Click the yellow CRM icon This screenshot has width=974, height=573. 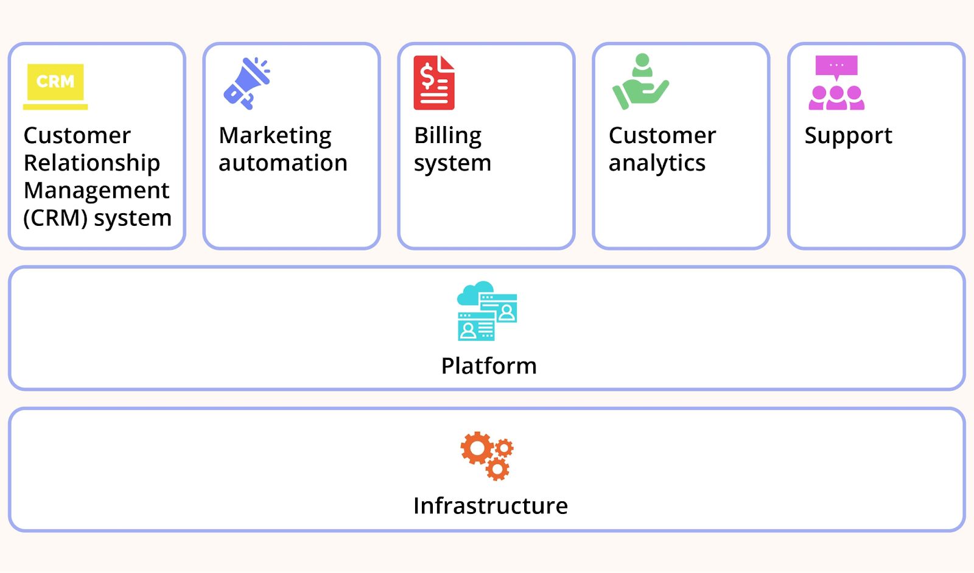[x=55, y=84]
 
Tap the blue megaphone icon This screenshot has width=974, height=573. [x=247, y=83]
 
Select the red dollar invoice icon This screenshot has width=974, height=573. [x=434, y=83]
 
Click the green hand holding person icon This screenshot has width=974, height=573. [x=640, y=82]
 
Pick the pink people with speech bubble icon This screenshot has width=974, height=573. [x=836, y=83]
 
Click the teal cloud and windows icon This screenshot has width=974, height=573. [x=487, y=311]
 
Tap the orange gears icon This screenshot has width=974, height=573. [x=487, y=455]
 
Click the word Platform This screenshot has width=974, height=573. [x=489, y=366]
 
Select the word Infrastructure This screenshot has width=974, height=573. [x=490, y=506]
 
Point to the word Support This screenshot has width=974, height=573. [x=848, y=136]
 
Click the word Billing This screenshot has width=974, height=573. [x=447, y=136]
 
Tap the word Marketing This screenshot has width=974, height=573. [x=275, y=136]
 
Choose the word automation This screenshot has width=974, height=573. [x=283, y=163]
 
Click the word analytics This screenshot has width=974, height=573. [x=657, y=163]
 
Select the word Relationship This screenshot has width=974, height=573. [x=92, y=163]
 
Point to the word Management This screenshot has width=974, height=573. [x=96, y=191]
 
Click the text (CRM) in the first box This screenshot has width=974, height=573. [x=55, y=218]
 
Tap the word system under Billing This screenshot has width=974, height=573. [x=452, y=163]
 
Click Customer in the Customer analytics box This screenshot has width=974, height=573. [x=662, y=136]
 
